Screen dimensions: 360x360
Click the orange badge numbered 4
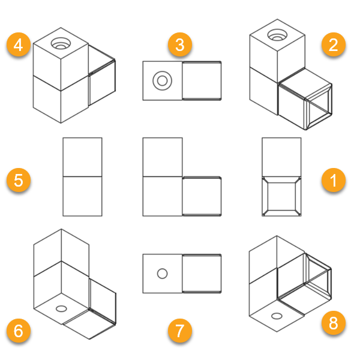click(19, 44)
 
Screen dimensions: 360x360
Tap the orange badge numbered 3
click(180, 44)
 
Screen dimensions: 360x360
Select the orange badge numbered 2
click(334, 44)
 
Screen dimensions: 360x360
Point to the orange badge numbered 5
click(19, 180)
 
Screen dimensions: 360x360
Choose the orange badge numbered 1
click(334, 180)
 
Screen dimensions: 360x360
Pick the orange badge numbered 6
click(19, 331)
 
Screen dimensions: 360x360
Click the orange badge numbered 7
click(180, 331)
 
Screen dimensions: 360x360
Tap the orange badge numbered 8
click(334, 323)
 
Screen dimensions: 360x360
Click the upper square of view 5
click(82, 157)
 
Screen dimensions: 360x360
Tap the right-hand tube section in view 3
click(202, 80)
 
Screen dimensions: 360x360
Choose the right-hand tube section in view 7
click(202, 274)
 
